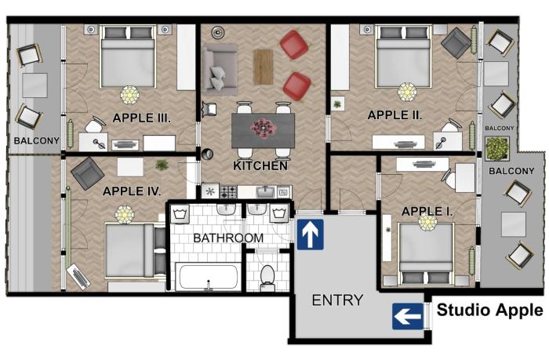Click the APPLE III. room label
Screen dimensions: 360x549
(x=142, y=118)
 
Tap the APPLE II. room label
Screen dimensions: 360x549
(x=394, y=115)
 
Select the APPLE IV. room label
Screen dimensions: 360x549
(x=132, y=191)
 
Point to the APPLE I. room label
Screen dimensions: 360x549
(x=427, y=211)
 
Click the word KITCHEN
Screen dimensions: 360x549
(x=260, y=166)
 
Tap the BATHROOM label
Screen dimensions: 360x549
(x=228, y=238)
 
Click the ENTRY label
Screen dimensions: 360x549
(x=337, y=300)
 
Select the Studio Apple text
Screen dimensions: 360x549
(x=489, y=310)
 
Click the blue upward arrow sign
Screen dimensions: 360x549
(x=310, y=235)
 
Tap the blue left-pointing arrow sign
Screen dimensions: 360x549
(x=407, y=317)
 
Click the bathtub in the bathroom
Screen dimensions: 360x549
(x=209, y=276)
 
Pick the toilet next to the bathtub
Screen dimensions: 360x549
(x=267, y=275)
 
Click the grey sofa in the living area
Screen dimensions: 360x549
(x=219, y=68)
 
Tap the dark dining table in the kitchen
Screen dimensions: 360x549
(x=262, y=128)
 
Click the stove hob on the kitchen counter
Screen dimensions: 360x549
(x=229, y=191)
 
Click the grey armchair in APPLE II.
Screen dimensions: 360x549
(x=456, y=42)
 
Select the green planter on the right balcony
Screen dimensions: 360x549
(x=496, y=147)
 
